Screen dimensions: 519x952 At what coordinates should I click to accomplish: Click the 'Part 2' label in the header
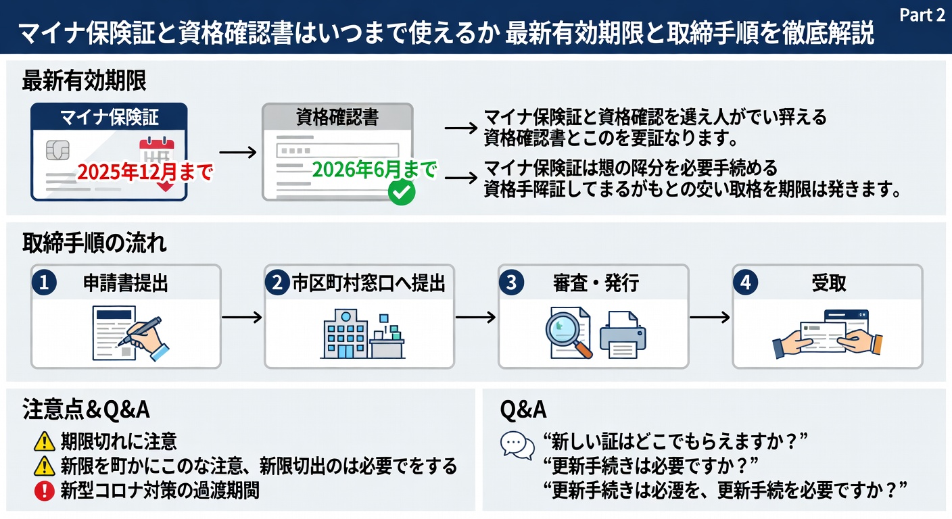pyautogui.click(x=922, y=16)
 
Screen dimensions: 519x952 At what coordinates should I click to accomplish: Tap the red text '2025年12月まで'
pyautogui.click(x=145, y=172)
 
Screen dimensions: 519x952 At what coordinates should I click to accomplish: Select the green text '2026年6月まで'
pyautogui.click(x=373, y=169)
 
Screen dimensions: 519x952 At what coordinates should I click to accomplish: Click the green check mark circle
pyautogui.click(x=402, y=193)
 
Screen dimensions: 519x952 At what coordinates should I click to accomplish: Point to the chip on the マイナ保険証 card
pyautogui.click(x=57, y=150)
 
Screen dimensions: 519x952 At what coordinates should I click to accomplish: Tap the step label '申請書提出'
pyautogui.click(x=125, y=284)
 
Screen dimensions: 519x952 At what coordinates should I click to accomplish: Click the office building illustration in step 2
pyautogui.click(x=346, y=334)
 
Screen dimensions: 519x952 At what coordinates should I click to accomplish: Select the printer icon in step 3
pyautogui.click(x=622, y=335)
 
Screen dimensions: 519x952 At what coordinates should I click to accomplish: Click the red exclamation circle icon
pyautogui.click(x=44, y=489)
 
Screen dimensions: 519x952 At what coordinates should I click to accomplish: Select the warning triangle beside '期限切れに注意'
pyautogui.click(x=44, y=442)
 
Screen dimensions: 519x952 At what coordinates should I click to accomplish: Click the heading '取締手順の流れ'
pyautogui.click(x=95, y=243)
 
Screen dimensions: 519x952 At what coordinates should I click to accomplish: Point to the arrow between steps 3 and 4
pyautogui.click(x=710, y=317)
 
